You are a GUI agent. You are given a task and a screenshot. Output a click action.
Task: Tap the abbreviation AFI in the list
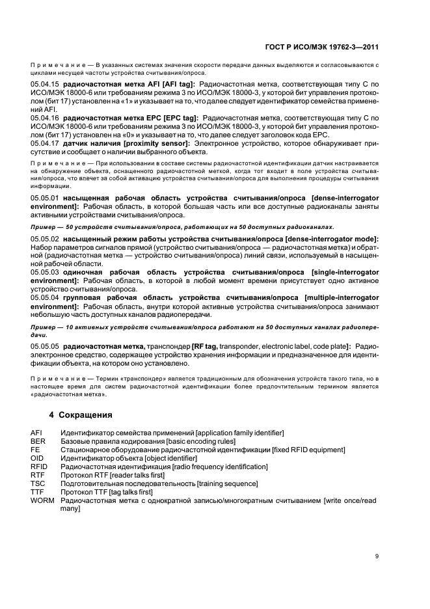(x=36, y=433)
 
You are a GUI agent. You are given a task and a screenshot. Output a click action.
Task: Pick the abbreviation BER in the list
(x=38, y=441)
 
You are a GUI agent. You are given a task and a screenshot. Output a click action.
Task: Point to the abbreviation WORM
(x=42, y=500)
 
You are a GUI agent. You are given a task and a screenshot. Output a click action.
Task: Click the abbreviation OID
(x=37, y=458)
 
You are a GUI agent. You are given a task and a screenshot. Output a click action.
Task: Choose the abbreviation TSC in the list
(x=38, y=483)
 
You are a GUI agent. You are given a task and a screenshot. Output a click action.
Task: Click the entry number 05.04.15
(x=45, y=85)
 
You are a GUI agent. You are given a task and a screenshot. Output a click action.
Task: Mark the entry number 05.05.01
(x=45, y=197)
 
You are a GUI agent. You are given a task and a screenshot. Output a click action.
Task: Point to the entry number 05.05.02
(x=45, y=240)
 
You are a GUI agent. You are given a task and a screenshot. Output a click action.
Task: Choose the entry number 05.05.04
(x=45, y=297)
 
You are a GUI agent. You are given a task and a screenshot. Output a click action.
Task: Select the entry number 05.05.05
(x=45, y=347)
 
